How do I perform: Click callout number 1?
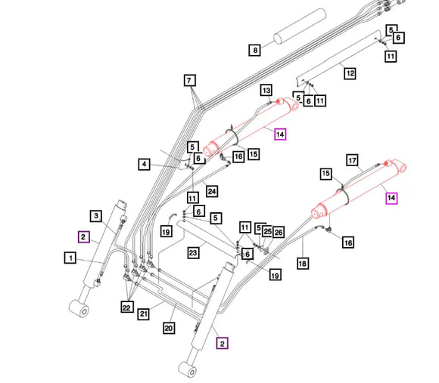click(70, 258)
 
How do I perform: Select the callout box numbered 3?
click(96, 215)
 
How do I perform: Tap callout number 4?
click(144, 164)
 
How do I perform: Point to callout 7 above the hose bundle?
click(189, 81)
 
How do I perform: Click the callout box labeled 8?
click(255, 50)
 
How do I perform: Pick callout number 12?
click(350, 73)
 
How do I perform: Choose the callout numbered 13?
click(266, 90)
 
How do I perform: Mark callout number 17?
click(352, 160)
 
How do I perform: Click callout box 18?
click(302, 264)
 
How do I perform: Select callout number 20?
click(169, 328)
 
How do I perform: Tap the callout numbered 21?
click(143, 314)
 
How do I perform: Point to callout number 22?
click(127, 307)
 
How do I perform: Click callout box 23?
click(193, 253)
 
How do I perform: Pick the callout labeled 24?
click(212, 191)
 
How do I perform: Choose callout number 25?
click(267, 231)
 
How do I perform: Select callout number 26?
click(279, 232)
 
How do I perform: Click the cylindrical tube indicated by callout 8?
click(300, 26)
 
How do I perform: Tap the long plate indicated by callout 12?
click(338, 59)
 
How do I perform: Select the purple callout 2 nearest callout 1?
click(83, 237)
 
